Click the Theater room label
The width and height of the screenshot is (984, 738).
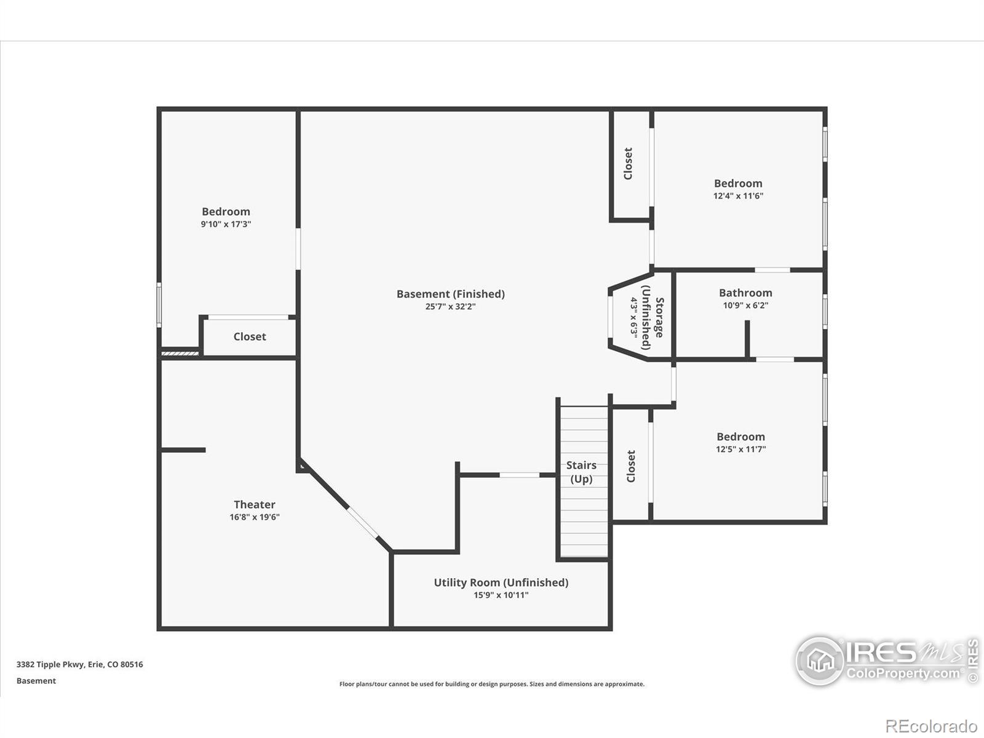[255, 504]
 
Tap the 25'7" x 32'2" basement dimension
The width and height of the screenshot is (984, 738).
[451, 306]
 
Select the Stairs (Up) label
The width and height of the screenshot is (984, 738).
[581, 472]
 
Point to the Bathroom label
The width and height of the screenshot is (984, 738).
[745, 293]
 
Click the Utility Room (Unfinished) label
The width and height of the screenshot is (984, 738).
[501, 582]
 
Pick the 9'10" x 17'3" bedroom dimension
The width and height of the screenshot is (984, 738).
[226, 224]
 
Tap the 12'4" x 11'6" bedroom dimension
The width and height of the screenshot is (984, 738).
[739, 196]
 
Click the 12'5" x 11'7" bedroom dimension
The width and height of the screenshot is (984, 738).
[741, 449]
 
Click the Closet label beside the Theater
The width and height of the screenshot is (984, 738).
[250, 336]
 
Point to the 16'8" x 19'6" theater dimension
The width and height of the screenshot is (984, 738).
[255, 517]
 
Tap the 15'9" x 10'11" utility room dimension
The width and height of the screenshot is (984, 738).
[501, 595]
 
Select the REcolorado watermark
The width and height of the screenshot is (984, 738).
[930, 726]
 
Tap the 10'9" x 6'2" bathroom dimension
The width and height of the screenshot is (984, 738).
[745, 305]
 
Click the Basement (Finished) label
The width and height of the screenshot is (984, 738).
[451, 294]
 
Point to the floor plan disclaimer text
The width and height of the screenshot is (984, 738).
[492, 684]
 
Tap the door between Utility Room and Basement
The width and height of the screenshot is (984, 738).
[520, 475]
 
